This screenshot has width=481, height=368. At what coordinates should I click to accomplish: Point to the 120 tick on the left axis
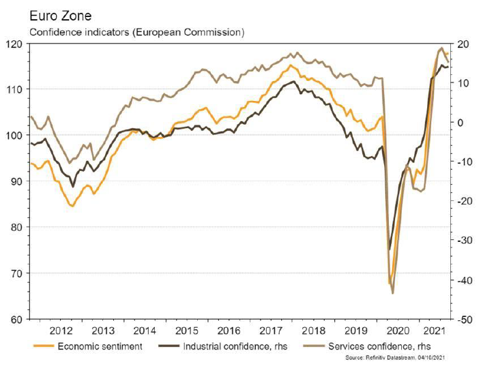tap(13, 44)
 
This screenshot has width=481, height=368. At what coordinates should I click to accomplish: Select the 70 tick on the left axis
tap(16, 273)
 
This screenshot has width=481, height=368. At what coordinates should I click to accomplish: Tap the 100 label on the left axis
tap(13, 136)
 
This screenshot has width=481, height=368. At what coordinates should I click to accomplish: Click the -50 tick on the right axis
tap(465, 320)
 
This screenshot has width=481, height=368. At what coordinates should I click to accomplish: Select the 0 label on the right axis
tap(460, 123)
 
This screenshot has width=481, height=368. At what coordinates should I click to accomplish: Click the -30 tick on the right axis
tap(465, 241)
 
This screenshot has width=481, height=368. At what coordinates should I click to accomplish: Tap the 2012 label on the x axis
tap(61, 331)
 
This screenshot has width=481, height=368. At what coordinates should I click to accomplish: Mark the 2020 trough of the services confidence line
tap(392, 294)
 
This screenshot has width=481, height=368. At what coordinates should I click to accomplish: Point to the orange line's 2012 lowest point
tap(72, 206)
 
